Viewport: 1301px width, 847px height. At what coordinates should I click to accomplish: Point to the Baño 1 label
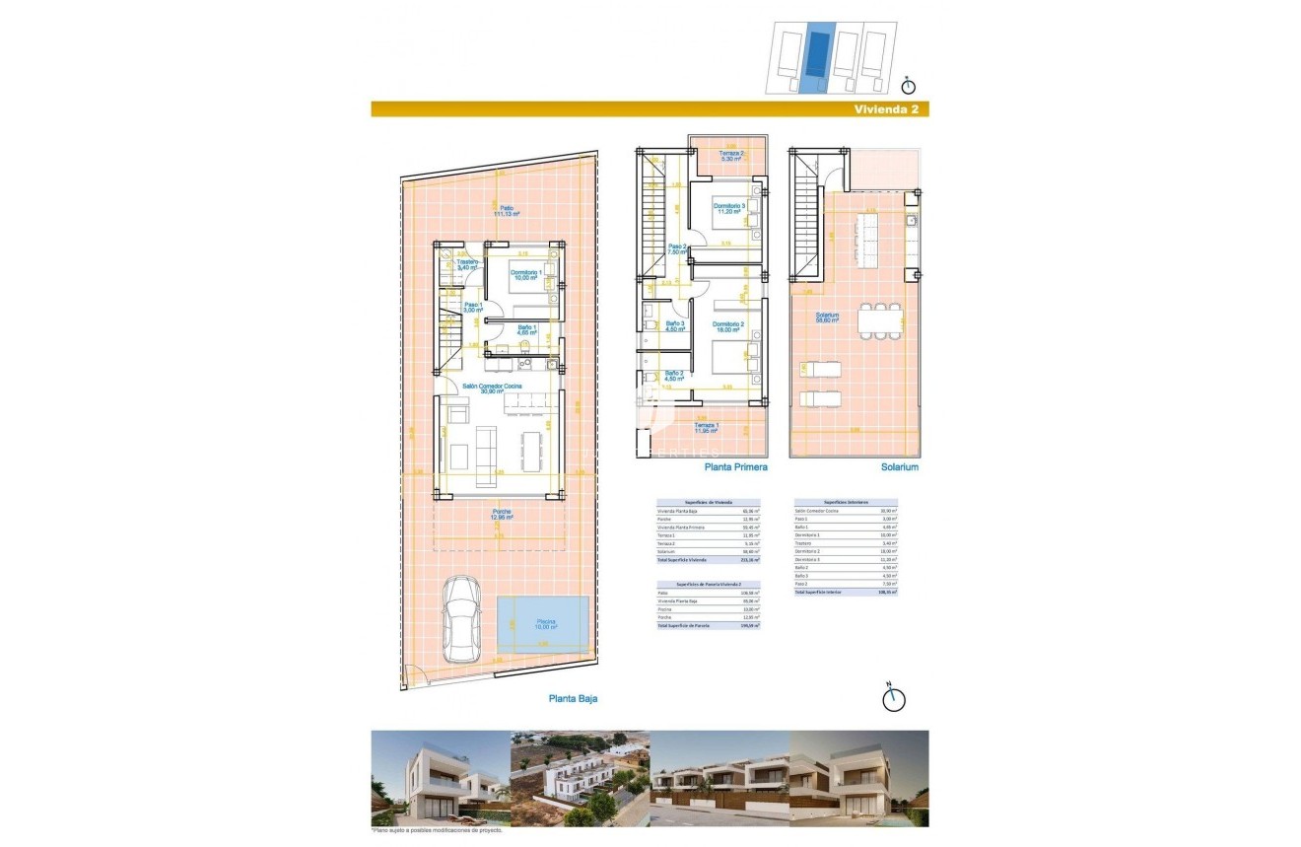pos(525,329)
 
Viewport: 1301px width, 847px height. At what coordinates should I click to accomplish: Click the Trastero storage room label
pos(466,263)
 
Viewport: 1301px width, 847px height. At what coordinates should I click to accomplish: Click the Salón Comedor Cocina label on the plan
pos(499,388)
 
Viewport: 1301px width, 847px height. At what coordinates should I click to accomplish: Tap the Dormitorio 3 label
pos(728,208)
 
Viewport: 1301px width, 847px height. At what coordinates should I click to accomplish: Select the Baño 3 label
pos(675,326)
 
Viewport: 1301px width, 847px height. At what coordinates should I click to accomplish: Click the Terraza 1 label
pos(705,427)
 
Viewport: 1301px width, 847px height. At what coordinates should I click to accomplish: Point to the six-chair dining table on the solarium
pos(880,321)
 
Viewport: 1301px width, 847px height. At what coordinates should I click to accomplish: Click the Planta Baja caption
pos(573,698)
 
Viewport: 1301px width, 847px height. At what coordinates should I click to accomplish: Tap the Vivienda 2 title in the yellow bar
pos(887,109)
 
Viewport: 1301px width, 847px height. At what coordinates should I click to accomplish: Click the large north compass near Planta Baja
pos(893,698)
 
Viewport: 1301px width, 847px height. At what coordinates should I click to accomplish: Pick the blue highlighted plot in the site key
pos(814,57)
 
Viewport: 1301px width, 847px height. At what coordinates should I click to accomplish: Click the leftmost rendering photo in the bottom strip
pos(440,778)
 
